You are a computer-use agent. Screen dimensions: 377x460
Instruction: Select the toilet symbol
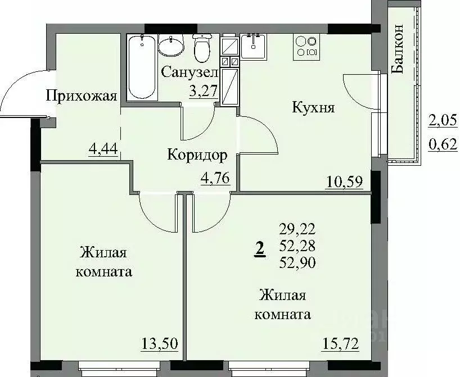click(201, 48)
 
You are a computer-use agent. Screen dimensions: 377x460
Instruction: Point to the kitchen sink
click(256, 45)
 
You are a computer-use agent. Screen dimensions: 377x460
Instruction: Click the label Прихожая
click(82, 96)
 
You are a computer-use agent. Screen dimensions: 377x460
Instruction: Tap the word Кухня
click(313, 107)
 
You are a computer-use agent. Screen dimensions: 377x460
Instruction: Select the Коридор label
click(197, 155)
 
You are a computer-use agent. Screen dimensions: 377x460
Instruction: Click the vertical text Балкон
click(398, 49)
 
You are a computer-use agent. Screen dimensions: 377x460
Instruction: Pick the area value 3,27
click(204, 91)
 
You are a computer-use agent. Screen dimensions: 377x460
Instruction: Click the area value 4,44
click(103, 150)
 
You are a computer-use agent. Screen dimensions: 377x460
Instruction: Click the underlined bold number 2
click(259, 248)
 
